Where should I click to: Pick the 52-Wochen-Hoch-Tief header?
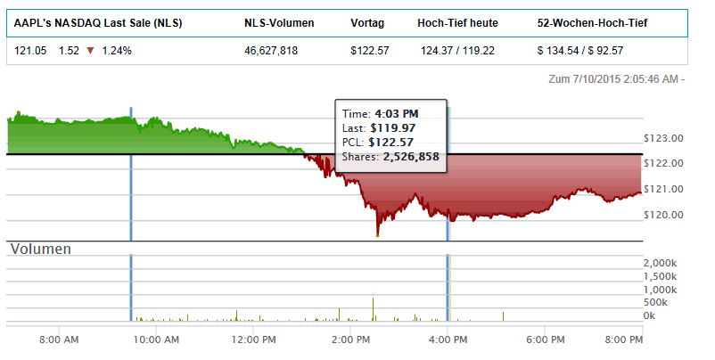[x=592, y=22]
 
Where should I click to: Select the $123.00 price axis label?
[x=662, y=138]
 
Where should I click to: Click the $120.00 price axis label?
[x=662, y=215]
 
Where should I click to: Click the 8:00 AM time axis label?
[x=61, y=340]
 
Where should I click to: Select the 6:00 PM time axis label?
[x=546, y=340]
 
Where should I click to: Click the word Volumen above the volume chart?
[x=40, y=250]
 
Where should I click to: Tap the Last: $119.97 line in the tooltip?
[x=379, y=127]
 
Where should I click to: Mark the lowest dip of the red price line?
[x=378, y=235]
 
